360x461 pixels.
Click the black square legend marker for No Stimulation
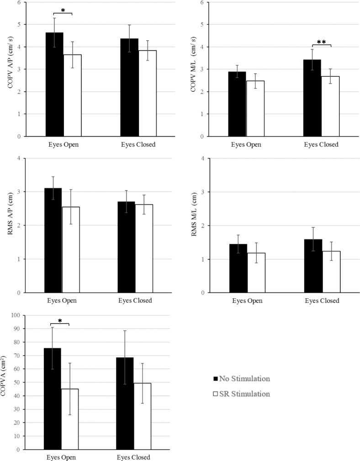coord(215,379)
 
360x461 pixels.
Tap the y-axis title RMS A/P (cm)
coord(10,226)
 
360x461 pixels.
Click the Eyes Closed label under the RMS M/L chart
coord(320,301)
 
